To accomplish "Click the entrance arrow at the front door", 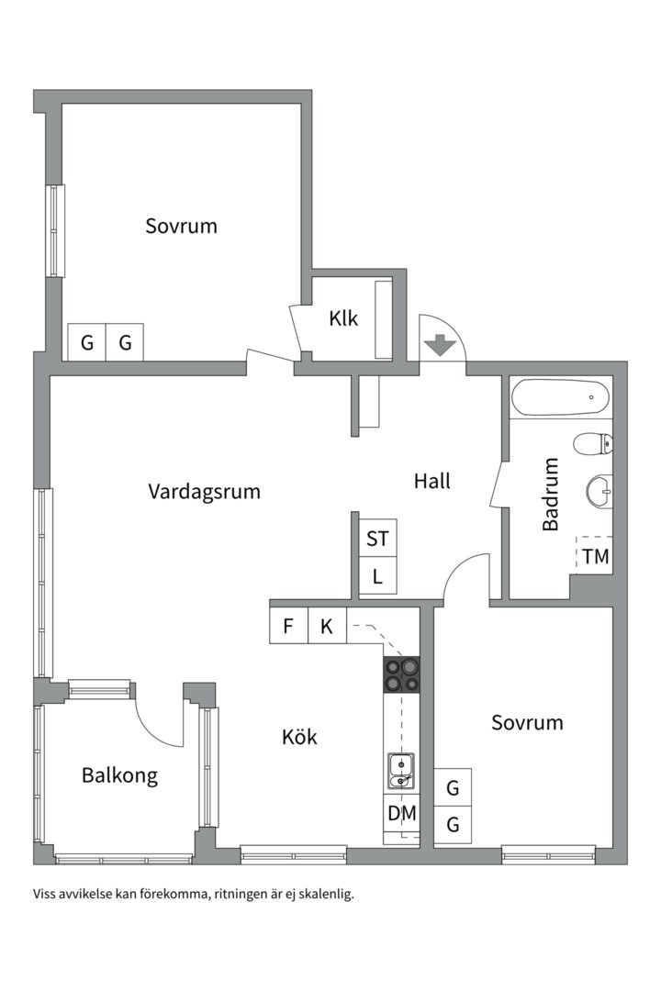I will [x=442, y=345].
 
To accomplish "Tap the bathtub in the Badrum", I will [x=560, y=398].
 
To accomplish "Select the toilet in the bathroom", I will [x=592, y=445].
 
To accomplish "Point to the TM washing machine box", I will [x=595, y=556].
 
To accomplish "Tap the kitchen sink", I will [x=400, y=770].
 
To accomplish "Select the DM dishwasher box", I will [x=401, y=813].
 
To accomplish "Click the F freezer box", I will [x=288, y=628].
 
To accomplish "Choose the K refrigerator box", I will [x=326, y=628].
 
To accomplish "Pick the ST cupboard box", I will [x=377, y=539].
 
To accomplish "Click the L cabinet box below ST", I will [x=377, y=578].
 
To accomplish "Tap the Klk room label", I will [x=343, y=319].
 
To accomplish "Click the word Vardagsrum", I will [x=204, y=492].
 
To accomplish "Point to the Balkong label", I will [x=119, y=775].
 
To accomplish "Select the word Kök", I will [x=299, y=737].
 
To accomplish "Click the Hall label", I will [x=431, y=481].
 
